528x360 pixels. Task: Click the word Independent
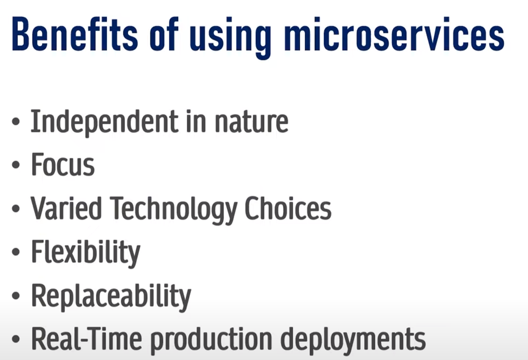point(105,122)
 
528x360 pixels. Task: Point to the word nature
point(251,122)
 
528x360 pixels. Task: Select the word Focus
point(63,164)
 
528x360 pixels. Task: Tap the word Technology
point(173,210)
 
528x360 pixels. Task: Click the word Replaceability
point(111,297)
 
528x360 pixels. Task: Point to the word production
point(211,341)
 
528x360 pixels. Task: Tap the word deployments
point(353,341)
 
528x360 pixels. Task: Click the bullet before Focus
point(16,165)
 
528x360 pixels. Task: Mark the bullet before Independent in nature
point(16,122)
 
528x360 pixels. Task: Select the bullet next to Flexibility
point(16,252)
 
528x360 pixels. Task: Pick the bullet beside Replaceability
point(16,295)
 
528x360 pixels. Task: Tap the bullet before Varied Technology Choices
point(16,209)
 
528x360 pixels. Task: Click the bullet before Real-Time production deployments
point(16,339)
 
